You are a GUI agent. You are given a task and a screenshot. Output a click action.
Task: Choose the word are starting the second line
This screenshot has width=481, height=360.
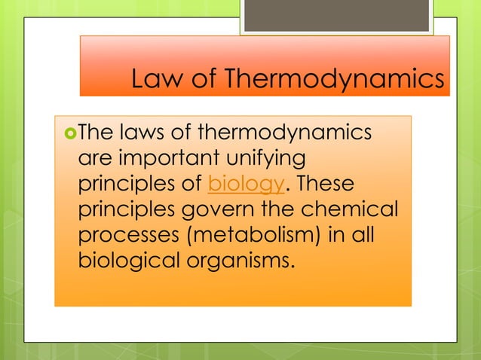point(93,160)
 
